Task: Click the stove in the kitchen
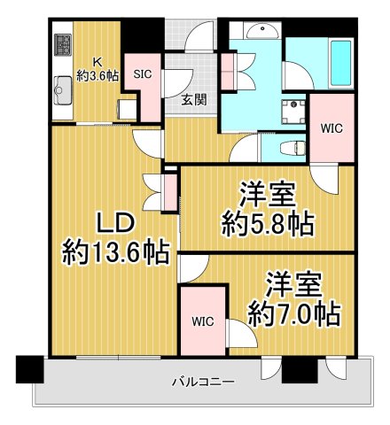63,44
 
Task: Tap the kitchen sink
63,89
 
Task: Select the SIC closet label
142,75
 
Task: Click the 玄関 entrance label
195,100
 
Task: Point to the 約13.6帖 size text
115,253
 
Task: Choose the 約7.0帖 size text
292,313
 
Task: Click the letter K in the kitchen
99,62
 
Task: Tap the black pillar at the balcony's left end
29,367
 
